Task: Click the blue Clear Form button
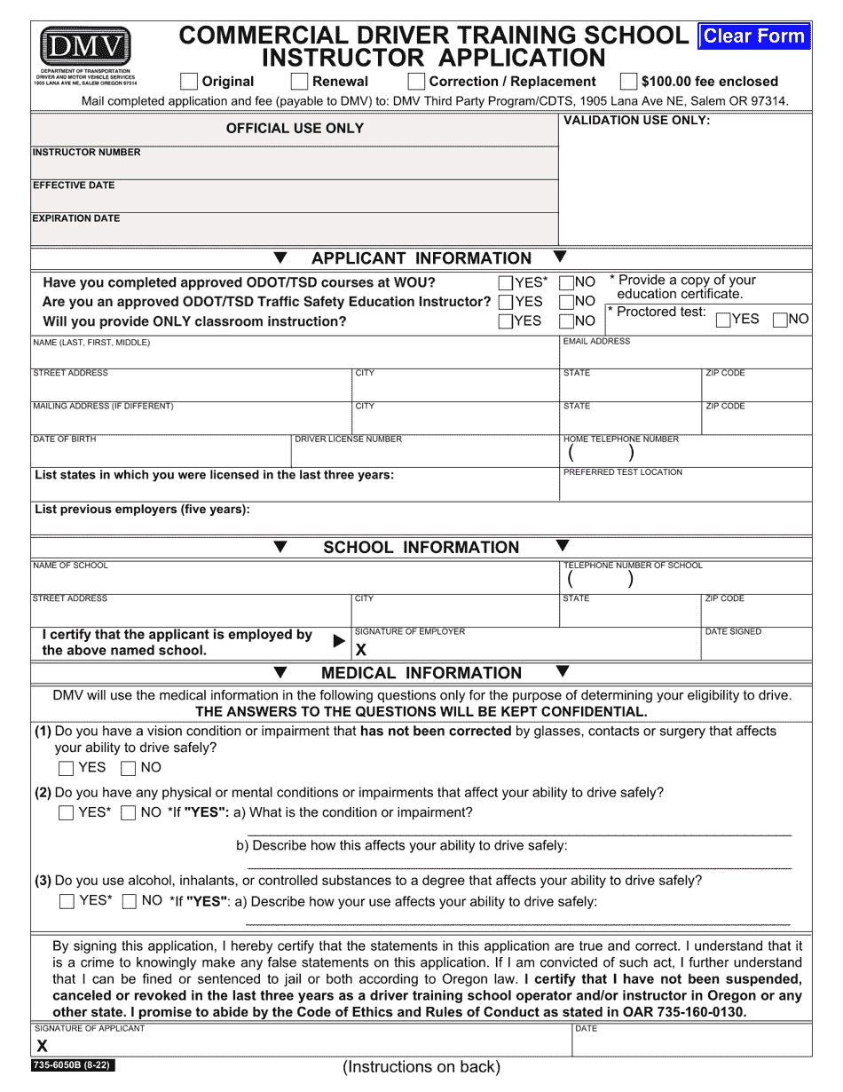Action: point(754,36)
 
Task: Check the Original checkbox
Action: point(189,82)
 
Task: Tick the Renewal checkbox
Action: point(300,82)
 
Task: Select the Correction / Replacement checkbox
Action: point(415,82)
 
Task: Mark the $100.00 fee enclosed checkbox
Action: point(628,82)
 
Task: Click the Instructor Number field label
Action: point(86,153)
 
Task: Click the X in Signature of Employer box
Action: point(361,650)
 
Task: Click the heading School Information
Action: point(421,548)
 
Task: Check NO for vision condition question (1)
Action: point(129,768)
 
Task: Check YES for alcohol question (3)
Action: point(67,902)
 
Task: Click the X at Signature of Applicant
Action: point(42,1046)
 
